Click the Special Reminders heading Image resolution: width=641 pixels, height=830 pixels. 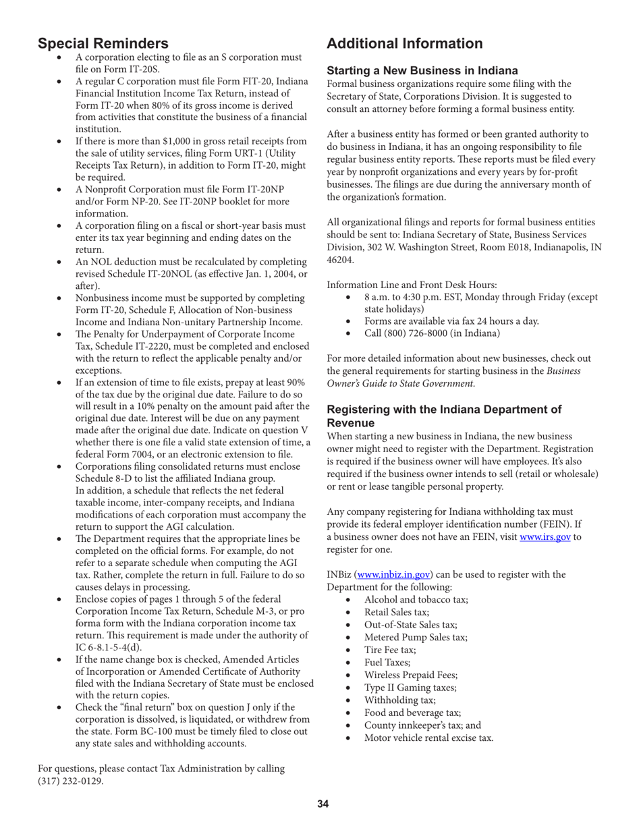(x=103, y=44)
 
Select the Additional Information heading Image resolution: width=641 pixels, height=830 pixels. (x=404, y=44)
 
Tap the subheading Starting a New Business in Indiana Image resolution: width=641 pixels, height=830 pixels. (x=422, y=70)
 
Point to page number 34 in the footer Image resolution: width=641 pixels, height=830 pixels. (x=323, y=803)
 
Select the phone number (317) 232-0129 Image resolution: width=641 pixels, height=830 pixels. (x=71, y=781)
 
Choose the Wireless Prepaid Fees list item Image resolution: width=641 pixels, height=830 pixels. (x=411, y=675)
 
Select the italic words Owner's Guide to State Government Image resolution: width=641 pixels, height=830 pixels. (x=400, y=383)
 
